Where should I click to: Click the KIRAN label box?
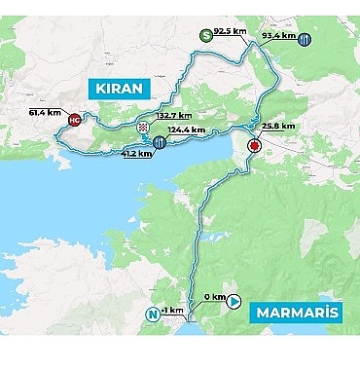coord(121,89)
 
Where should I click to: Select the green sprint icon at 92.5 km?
coord(205,36)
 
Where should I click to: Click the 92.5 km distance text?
coord(230,32)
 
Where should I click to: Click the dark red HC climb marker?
coord(75,121)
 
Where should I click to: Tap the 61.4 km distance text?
coord(45,112)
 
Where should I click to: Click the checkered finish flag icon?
coord(143,128)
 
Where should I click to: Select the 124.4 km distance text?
coord(186,129)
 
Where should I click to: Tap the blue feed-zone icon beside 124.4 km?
coord(159,143)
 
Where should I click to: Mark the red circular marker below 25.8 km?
coord(253,146)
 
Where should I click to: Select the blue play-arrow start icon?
coord(234,301)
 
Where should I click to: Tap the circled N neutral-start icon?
coord(152,314)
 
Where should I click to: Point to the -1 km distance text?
coord(173,311)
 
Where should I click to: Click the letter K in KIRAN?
coord(100,89)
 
